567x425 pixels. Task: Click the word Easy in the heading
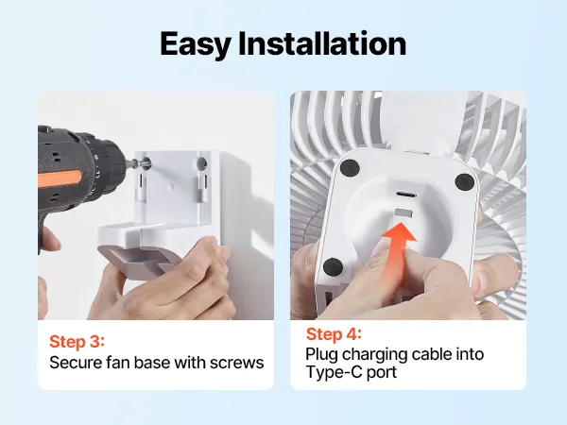(x=195, y=44)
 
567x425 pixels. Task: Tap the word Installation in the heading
(x=322, y=43)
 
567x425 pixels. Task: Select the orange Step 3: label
(x=77, y=342)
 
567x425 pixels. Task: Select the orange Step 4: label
(x=334, y=334)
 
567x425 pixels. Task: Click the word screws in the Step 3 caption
(x=236, y=363)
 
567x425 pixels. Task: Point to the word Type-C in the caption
(x=334, y=372)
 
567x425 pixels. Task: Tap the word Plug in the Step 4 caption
(x=321, y=355)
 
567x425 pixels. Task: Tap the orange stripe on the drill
(x=60, y=179)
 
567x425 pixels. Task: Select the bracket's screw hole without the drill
(x=201, y=163)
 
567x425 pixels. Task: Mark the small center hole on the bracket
(x=171, y=186)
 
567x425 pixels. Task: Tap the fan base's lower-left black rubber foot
(x=333, y=267)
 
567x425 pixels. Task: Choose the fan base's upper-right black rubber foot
(x=464, y=181)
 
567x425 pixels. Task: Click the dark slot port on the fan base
(x=406, y=195)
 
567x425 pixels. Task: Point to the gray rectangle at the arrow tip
(x=404, y=212)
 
